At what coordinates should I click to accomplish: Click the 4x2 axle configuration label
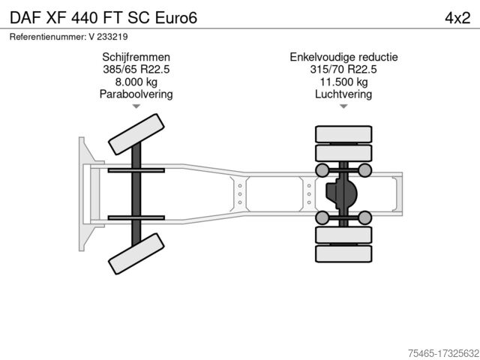tap(457, 18)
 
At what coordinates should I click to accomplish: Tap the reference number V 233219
tap(108, 37)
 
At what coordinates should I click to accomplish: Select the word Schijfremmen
tap(136, 57)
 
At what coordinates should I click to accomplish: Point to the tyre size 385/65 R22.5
tap(136, 70)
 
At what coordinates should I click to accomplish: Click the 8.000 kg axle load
tap(136, 82)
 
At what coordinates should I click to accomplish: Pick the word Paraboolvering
tap(136, 94)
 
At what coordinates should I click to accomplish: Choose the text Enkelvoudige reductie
tap(343, 57)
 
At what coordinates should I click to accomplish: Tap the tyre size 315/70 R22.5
tap(343, 70)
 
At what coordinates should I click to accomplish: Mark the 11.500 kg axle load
tap(343, 82)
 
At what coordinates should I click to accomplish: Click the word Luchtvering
tap(343, 94)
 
